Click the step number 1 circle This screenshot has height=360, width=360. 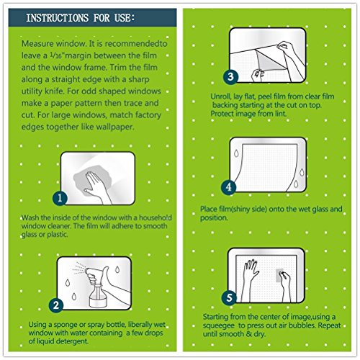[x=60, y=198]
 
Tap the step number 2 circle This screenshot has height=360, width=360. [x=56, y=305]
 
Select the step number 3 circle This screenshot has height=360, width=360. [x=230, y=76]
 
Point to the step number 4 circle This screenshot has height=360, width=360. [x=229, y=187]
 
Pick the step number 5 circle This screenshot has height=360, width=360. [x=229, y=298]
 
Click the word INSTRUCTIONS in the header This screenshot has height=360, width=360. [x=58, y=18]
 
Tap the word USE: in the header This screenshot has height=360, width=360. [x=125, y=18]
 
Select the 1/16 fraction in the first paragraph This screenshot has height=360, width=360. [x=58, y=55]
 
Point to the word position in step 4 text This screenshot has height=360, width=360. [x=214, y=218]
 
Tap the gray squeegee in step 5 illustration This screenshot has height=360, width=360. [x=279, y=275]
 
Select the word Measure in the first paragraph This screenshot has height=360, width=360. [x=37, y=44]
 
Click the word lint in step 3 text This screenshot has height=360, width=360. [x=280, y=114]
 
